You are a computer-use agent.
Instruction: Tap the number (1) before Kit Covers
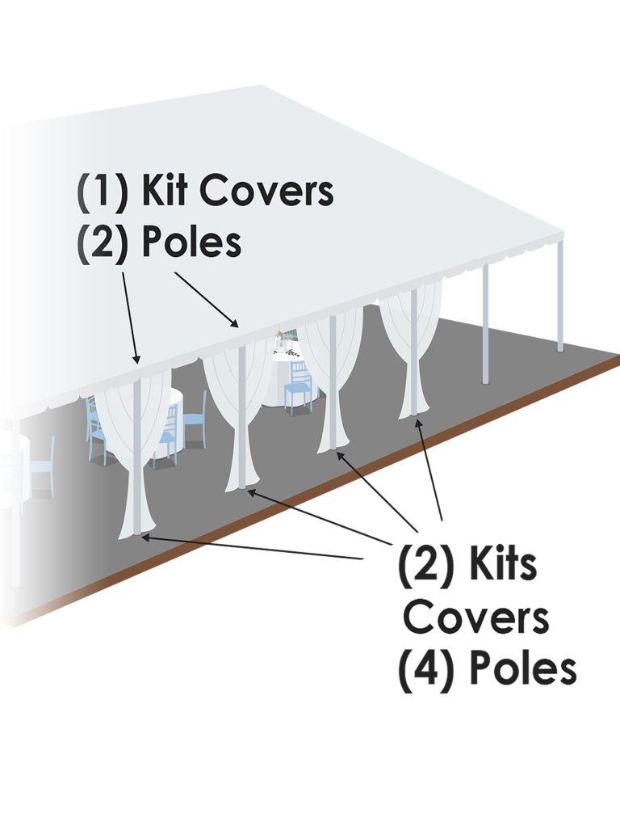coord(103,192)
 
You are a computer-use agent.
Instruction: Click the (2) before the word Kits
coord(425,565)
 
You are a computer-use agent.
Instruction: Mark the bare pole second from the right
coord(486,323)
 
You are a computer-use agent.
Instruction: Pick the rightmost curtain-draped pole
coord(414,352)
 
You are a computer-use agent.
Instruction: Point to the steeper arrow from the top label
coord(131,318)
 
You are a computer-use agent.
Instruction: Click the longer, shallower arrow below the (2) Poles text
coord(207,299)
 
